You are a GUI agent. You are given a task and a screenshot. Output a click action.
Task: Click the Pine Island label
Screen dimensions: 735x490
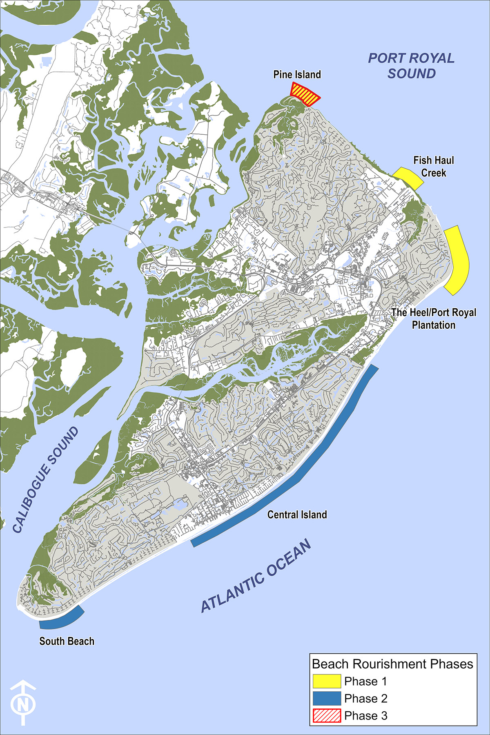point(297,75)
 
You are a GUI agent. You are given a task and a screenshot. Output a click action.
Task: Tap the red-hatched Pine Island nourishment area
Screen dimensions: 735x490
point(305,95)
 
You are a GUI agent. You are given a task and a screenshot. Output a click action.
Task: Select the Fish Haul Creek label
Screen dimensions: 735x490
point(433,167)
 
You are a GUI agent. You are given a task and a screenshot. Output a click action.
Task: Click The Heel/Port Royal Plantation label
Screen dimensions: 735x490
point(433,319)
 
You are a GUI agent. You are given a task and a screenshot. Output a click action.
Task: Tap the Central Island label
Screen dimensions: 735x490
point(297,514)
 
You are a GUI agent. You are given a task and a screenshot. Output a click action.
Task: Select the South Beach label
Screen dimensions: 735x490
point(67,641)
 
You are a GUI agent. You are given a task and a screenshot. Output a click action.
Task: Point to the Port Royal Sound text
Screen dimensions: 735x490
point(411,66)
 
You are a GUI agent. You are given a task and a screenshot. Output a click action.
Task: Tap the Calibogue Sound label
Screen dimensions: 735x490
point(45,480)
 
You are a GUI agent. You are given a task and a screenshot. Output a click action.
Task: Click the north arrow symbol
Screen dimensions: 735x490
point(23,702)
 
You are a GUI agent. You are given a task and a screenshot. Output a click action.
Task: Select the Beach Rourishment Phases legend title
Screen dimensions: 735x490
point(392,664)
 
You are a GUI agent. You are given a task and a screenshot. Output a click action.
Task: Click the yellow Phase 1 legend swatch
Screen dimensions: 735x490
point(327,681)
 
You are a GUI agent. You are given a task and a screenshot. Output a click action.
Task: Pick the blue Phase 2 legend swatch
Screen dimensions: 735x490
point(327,698)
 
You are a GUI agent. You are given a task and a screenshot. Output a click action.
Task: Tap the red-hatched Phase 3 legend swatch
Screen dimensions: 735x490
point(327,715)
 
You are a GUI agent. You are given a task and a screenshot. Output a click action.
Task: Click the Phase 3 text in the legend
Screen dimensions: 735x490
point(365,715)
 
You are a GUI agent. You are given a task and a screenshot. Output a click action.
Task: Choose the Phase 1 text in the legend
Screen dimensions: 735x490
point(365,681)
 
